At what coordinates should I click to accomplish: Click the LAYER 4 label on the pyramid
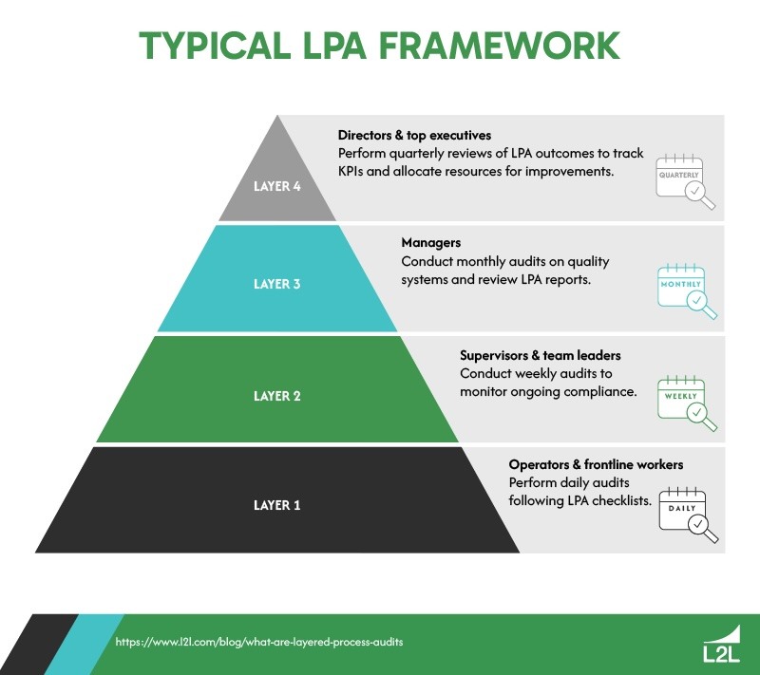coord(276,186)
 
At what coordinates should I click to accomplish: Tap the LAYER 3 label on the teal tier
coord(276,284)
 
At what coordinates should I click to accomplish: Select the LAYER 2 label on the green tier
coord(276,396)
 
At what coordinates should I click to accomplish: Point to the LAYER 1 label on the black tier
coord(276,505)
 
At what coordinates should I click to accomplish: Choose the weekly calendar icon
coord(686,401)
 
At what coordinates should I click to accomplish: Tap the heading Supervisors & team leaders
coord(540,356)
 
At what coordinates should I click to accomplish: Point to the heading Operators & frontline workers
coord(596,465)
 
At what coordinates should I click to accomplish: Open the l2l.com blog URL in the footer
coord(259,642)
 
